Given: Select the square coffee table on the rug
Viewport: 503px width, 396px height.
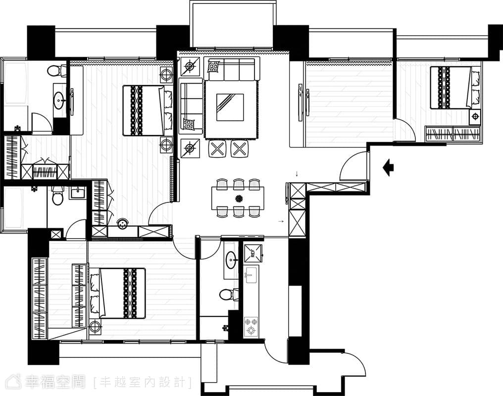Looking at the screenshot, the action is [230, 107].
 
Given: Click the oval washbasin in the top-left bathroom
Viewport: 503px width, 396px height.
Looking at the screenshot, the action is [59, 99].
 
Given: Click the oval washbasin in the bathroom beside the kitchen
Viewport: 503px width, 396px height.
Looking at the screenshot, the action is [231, 260].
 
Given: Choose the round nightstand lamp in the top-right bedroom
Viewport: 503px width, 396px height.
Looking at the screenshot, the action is [475, 116].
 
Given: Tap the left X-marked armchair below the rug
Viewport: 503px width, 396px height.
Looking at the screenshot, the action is [218, 149].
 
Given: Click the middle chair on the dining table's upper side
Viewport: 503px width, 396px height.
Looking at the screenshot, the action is [238, 184].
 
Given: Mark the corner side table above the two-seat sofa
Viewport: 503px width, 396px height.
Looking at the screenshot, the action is [190, 67].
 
